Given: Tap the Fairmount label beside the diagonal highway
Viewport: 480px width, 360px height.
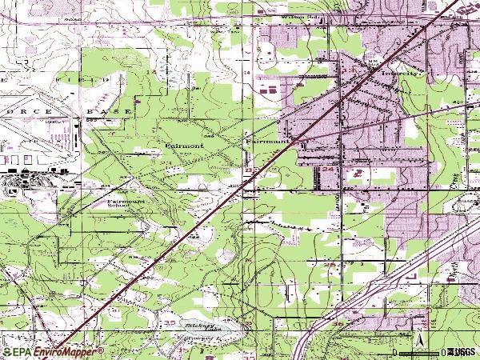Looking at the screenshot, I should [x=267, y=141].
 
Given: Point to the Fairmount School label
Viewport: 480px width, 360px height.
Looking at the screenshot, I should [x=127, y=204].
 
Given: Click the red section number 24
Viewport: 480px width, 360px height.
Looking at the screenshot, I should [x=328, y=170].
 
